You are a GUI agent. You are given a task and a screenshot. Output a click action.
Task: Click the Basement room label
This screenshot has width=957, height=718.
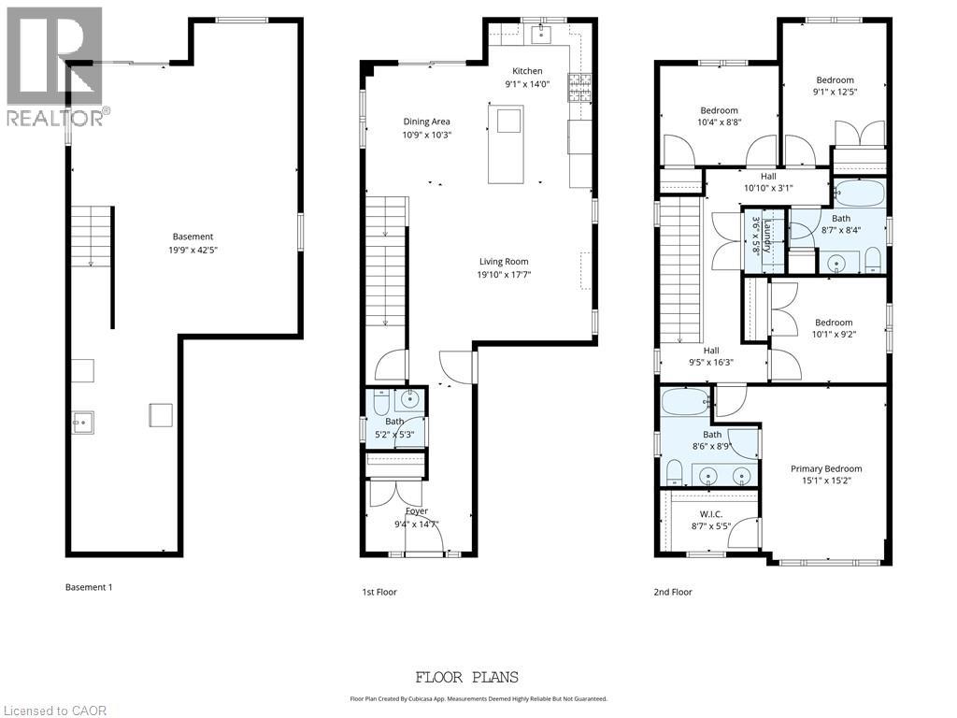coord(193,237)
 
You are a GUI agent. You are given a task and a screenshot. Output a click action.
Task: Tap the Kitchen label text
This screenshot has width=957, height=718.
coord(527,71)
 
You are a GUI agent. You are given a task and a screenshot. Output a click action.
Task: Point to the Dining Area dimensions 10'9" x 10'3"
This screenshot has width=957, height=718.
coord(426,135)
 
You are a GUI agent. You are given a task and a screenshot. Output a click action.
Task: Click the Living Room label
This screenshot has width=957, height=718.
coord(504,262)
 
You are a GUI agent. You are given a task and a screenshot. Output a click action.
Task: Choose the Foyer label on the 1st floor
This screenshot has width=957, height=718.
coord(417,511)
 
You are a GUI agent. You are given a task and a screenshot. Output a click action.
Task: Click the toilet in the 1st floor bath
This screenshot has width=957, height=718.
coord(381,404)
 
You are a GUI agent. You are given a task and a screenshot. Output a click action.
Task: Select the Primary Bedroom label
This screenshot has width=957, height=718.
coord(826,468)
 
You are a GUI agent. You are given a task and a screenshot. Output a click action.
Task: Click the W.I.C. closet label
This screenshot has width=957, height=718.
coord(711,514)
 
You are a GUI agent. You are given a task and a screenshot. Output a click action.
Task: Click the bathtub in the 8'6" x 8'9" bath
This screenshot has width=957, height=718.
coord(686,404)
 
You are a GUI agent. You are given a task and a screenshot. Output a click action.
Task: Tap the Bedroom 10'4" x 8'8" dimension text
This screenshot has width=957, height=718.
coord(719,122)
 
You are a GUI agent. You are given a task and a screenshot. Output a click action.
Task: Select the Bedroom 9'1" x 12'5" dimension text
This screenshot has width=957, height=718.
coord(835,92)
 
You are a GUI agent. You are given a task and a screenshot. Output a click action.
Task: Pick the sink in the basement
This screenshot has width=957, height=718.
coord(83,424)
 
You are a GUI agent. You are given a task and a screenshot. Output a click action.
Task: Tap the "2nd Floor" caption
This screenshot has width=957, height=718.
coord(674,592)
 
